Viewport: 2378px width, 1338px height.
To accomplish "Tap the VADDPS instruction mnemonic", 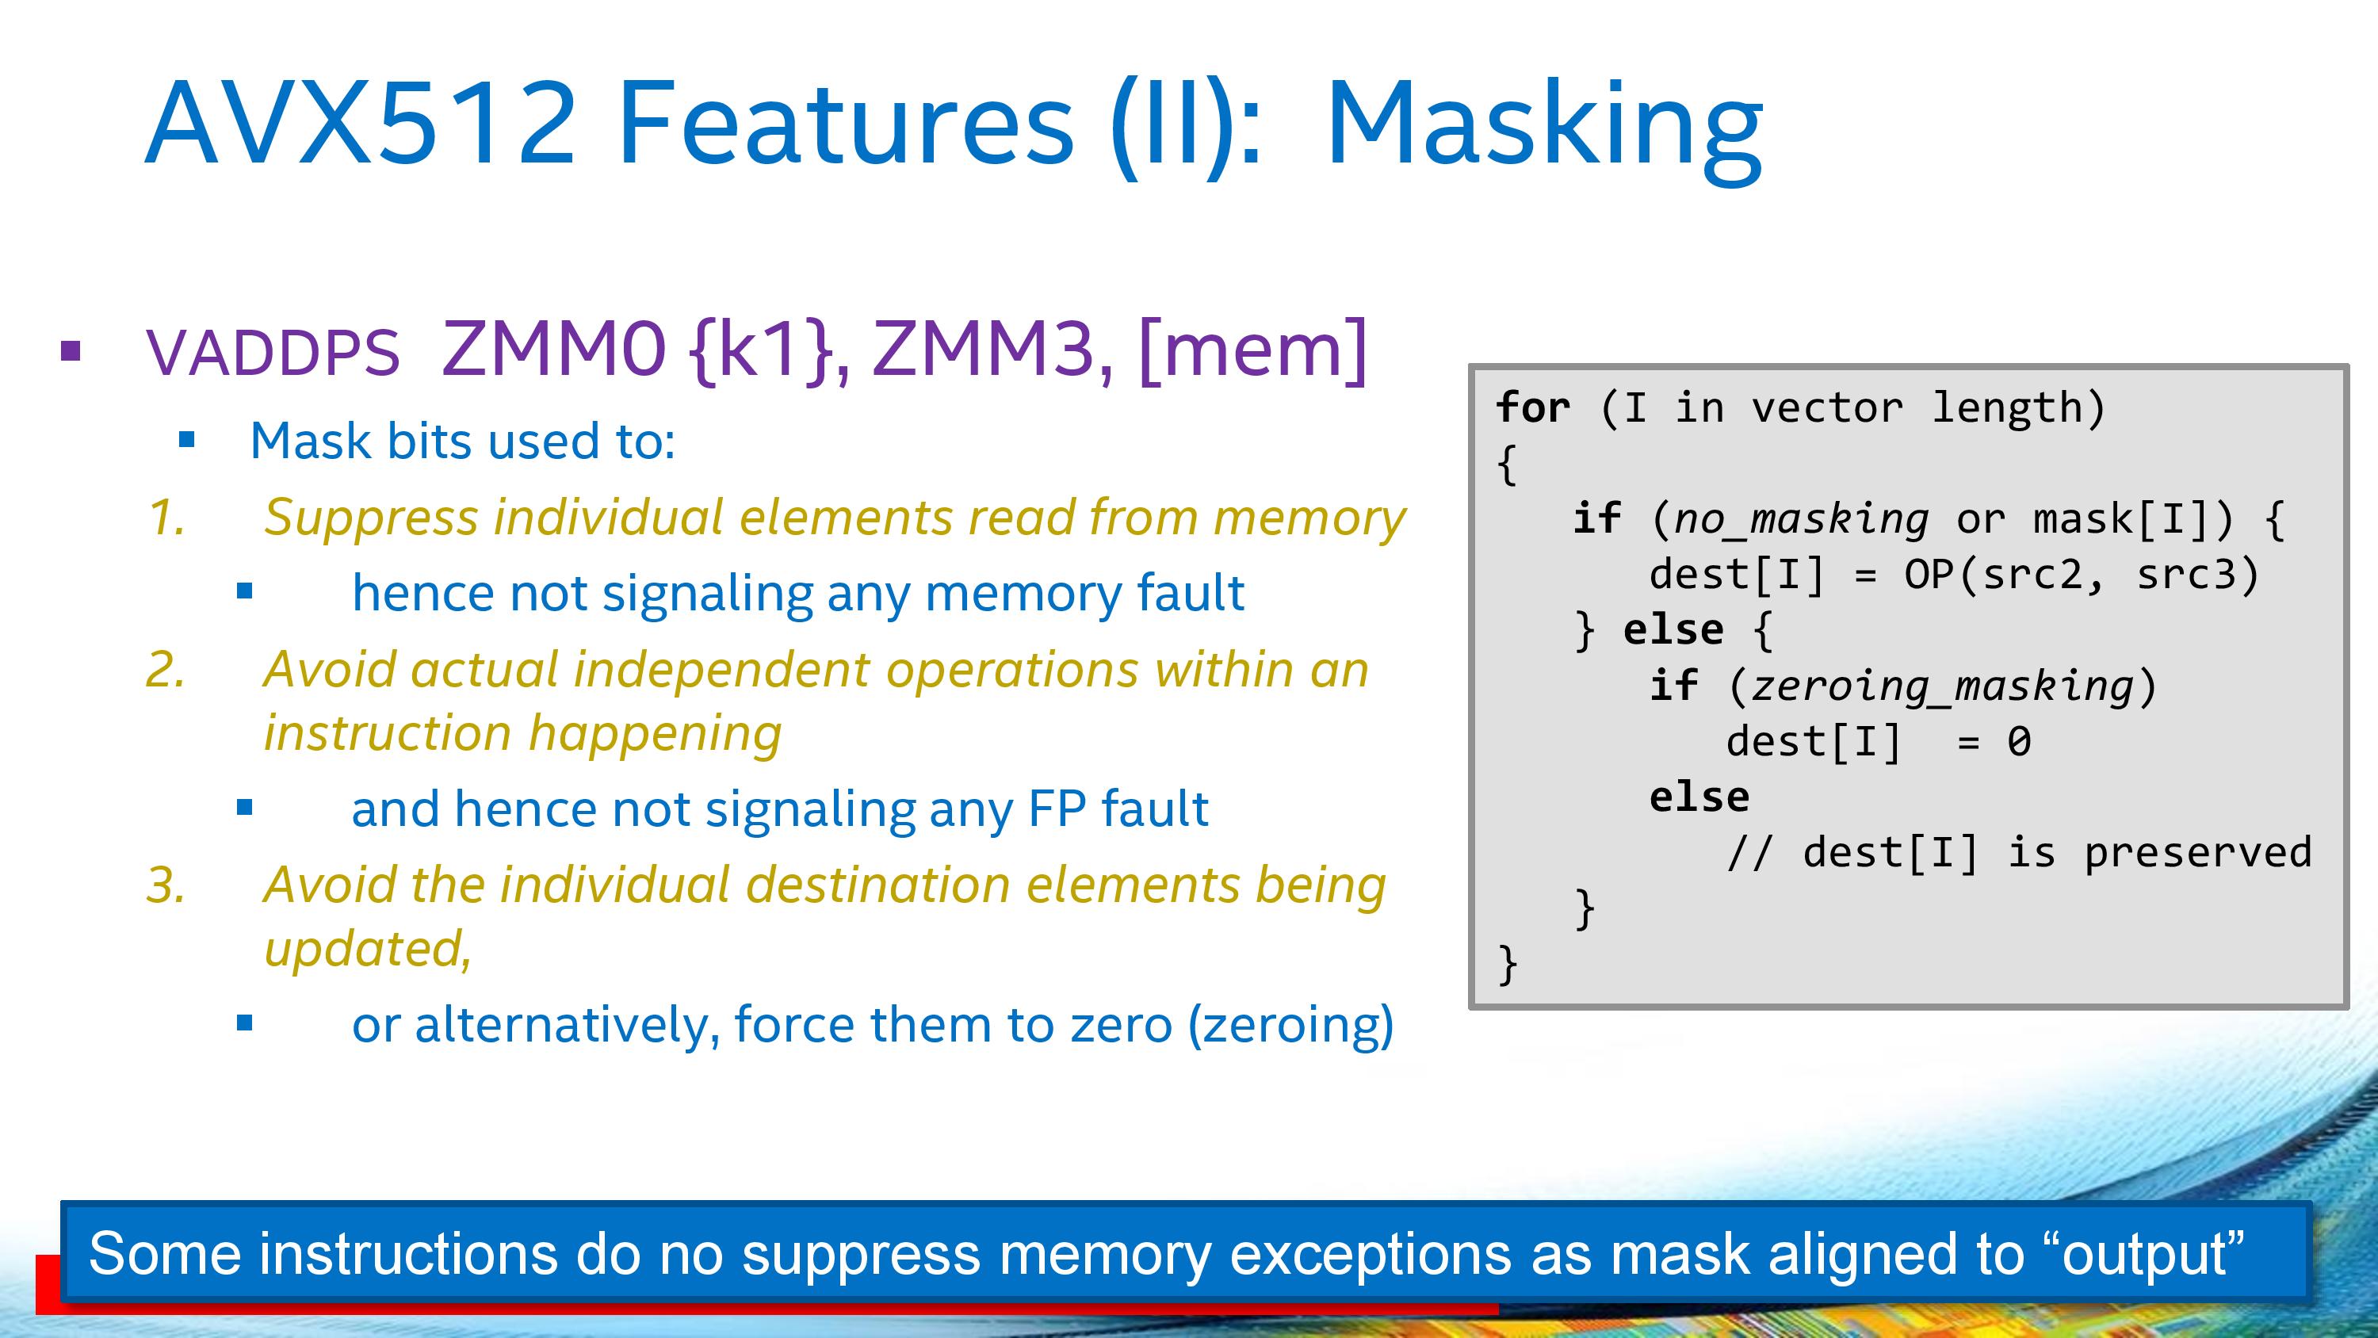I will pyautogui.click(x=273, y=353).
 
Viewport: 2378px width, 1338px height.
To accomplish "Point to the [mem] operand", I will pyautogui.click(x=1252, y=349).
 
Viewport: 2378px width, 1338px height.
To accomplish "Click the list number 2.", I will pyautogui.click(x=166, y=670).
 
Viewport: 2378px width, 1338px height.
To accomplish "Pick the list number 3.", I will pyautogui.click(x=166, y=885).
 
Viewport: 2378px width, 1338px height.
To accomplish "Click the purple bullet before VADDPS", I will pyautogui.click(x=71, y=351).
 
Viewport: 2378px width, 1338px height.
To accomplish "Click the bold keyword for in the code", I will pyautogui.click(x=1532, y=408).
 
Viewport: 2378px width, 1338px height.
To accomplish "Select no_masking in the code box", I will pyautogui.click(x=1801, y=519).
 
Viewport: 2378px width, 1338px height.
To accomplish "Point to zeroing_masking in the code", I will pyautogui.click(x=1942, y=686).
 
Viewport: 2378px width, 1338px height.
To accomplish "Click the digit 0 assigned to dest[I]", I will pyautogui.click(x=2019, y=741).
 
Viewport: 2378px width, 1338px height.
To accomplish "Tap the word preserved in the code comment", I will pyautogui.click(x=2198, y=852).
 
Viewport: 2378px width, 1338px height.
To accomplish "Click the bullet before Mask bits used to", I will pyautogui.click(x=187, y=441).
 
